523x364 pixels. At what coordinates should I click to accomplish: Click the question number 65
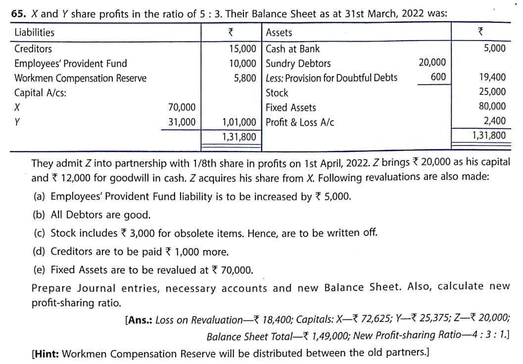click(18, 14)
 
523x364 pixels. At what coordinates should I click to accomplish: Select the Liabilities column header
click(34, 33)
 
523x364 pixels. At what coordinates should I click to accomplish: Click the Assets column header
click(279, 33)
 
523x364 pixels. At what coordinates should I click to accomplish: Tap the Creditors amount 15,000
click(242, 49)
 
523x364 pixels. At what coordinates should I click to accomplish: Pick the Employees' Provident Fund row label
click(70, 63)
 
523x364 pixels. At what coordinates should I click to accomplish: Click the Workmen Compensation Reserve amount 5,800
click(245, 78)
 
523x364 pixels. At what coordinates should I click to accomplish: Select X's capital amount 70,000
click(182, 107)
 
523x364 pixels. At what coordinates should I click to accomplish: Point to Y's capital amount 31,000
click(182, 122)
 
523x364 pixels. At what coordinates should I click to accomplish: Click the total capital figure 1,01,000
click(239, 122)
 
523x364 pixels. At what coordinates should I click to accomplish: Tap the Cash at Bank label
click(292, 49)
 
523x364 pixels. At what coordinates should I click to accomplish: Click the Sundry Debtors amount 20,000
click(432, 62)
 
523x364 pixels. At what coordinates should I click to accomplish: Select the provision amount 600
click(438, 77)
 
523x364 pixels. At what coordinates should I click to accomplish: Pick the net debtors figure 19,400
click(492, 77)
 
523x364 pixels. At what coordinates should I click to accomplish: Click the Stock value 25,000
click(492, 92)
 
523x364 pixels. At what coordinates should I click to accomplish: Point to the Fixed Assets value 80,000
click(492, 106)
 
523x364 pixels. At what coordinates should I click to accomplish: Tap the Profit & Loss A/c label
click(300, 122)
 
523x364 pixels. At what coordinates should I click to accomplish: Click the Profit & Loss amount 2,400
click(495, 121)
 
